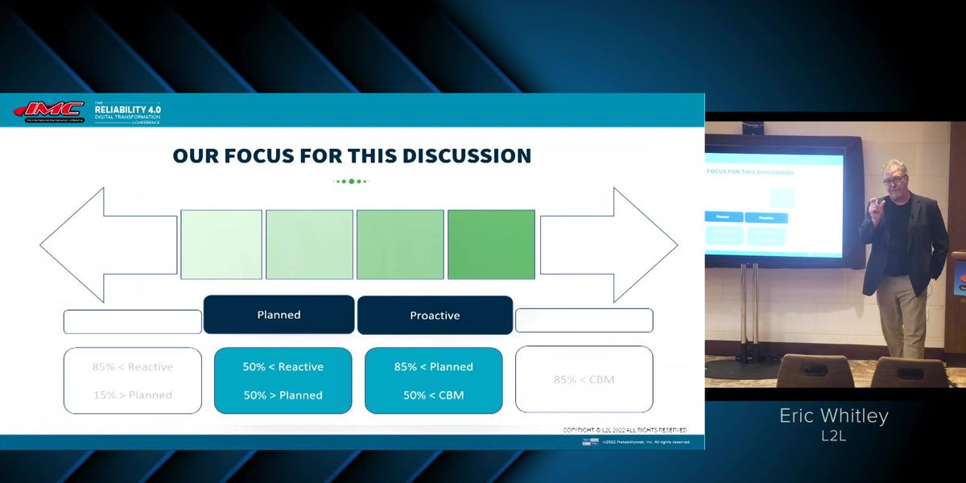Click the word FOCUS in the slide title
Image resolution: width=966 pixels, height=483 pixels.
[271, 155]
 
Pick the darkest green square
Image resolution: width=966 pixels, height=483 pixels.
[491, 245]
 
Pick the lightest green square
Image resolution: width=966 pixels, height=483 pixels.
[221, 245]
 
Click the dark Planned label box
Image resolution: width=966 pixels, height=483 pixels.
[279, 315]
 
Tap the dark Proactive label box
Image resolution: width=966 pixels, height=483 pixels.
[435, 316]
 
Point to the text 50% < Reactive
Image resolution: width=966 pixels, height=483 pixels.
[283, 367]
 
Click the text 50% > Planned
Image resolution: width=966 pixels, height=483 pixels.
[283, 395]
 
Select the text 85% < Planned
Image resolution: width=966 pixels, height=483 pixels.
[433, 367]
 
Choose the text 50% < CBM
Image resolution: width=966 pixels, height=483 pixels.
[433, 395]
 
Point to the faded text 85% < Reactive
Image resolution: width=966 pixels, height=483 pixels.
[132, 367]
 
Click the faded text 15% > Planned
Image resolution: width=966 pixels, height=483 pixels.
[132, 395]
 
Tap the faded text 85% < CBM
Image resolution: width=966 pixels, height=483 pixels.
[584, 380]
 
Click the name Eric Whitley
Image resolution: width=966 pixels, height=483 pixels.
[833, 415]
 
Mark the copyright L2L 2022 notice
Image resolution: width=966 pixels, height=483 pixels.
[625, 431]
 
